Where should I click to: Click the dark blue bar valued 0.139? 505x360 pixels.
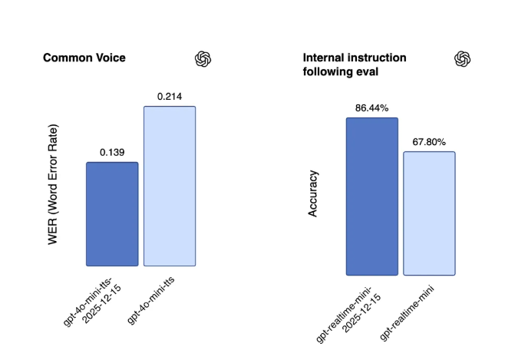(112, 214)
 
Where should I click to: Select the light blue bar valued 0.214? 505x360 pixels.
(170, 186)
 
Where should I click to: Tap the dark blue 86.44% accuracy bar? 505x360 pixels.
(372, 196)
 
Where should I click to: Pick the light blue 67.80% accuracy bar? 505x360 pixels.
(429, 213)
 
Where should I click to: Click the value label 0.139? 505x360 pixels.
(112, 152)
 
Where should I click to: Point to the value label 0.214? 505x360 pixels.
(170, 97)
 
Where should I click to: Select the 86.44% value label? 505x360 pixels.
(372, 107)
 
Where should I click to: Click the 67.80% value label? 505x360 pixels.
(429, 141)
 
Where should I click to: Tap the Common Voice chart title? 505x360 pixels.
(84, 58)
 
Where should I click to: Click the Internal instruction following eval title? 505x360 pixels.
(355, 64)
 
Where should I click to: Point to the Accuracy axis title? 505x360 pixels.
(313, 193)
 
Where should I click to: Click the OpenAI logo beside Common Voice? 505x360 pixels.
(203, 59)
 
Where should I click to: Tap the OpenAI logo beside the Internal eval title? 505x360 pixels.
(462, 59)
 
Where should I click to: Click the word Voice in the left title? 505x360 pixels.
(108, 58)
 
